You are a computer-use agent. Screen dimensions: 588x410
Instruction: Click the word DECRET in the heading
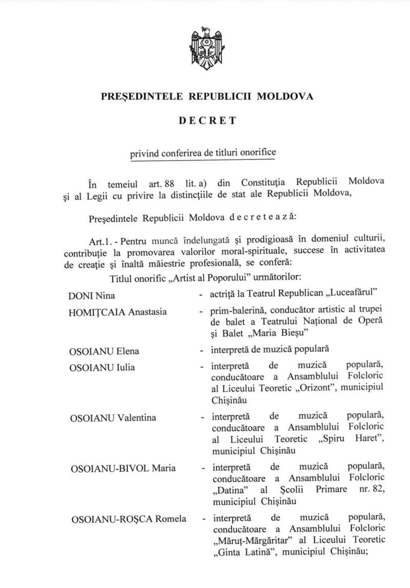pos(207,121)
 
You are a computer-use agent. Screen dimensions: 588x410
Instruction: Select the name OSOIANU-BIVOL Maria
pos(123,468)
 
